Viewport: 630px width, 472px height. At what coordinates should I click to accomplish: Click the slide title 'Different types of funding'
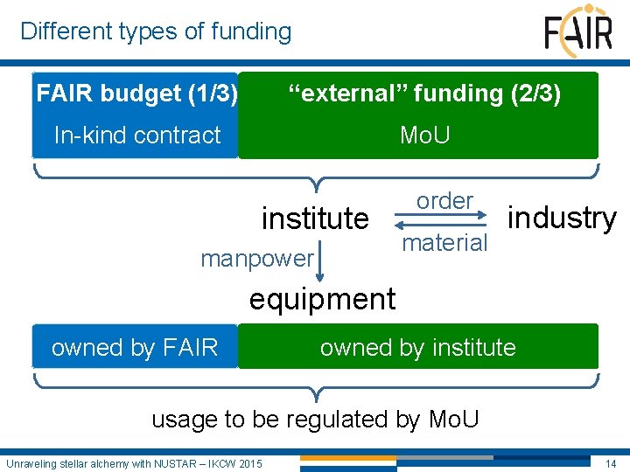[156, 31]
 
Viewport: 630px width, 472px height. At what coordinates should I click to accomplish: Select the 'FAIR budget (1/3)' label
[136, 93]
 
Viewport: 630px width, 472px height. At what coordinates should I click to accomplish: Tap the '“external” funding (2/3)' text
[424, 93]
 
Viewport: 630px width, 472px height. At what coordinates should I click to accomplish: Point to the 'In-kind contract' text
[137, 135]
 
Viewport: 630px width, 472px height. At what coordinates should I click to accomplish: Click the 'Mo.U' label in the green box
[424, 135]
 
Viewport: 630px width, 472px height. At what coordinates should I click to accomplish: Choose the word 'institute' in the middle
[315, 218]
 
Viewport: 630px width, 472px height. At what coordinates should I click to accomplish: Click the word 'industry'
[562, 218]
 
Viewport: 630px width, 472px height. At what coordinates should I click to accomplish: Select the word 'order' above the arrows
[444, 200]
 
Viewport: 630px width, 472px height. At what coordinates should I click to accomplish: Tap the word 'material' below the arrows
[444, 242]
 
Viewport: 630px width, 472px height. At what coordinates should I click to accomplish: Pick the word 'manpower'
[256, 258]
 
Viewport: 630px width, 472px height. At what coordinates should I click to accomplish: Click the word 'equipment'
[322, 299]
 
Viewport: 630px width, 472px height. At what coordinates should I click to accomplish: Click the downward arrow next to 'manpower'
[321, 260]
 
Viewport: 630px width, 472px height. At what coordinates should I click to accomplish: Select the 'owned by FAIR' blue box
[135, 347]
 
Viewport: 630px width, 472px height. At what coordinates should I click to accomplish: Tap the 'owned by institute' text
[417, 347]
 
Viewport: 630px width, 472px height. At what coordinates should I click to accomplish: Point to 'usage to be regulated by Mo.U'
[315, 419]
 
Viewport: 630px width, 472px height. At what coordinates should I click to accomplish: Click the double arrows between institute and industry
[445, 222]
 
